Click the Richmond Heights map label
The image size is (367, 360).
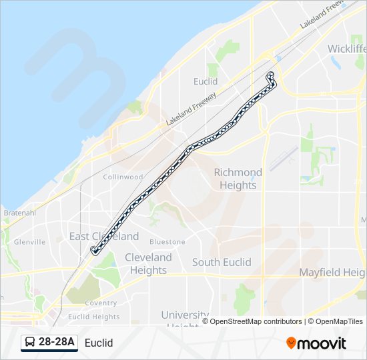(238, 179)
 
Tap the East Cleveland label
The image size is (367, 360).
(104, 236)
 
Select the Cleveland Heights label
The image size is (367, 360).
(148, 263)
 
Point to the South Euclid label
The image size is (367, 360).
(222, 262)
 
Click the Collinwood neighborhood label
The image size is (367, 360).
(123, 177)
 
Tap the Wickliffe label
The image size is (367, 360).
(347, 49)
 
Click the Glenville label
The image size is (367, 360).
(29, 241)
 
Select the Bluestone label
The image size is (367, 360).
(167, 241)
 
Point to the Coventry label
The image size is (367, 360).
(101, 303)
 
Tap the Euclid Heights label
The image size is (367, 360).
(94, 317)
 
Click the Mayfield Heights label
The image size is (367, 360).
(332, 272)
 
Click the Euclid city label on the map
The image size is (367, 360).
(206, 81)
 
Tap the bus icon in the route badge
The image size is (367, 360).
(30, 343)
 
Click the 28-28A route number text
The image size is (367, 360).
(57, 343)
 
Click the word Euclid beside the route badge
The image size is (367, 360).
(99, 343)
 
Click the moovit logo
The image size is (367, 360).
(316, 343)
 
